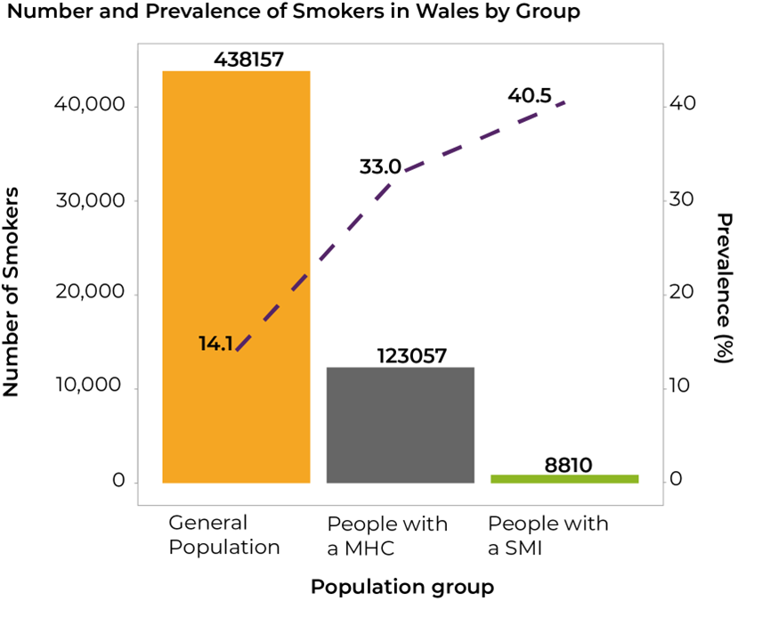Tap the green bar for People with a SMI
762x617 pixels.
[564, 479]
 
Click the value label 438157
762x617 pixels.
[248, 60]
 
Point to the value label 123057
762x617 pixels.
[412, 356]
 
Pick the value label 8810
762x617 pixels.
[569, 464]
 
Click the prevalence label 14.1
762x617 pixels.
[215, 344]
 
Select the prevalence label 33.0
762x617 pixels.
[380, 166]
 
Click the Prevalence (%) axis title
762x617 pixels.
[726, 288]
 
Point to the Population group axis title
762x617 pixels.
[401, 587]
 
